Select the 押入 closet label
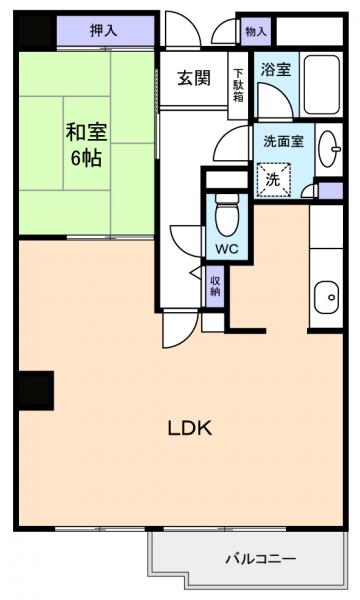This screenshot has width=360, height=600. (x=103, y=31)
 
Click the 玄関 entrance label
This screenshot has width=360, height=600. (x=194, y=79)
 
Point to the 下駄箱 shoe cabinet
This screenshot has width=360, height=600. (x=239, y=85)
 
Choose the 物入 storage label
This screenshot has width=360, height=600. (x=255, y=31)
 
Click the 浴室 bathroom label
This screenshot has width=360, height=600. (x=275, y=70)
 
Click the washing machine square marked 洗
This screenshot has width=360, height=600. (x=273, y=180)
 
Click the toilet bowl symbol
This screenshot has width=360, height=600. (x=224, y=211)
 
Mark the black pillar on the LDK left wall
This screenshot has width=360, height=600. (x=34, y=389)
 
